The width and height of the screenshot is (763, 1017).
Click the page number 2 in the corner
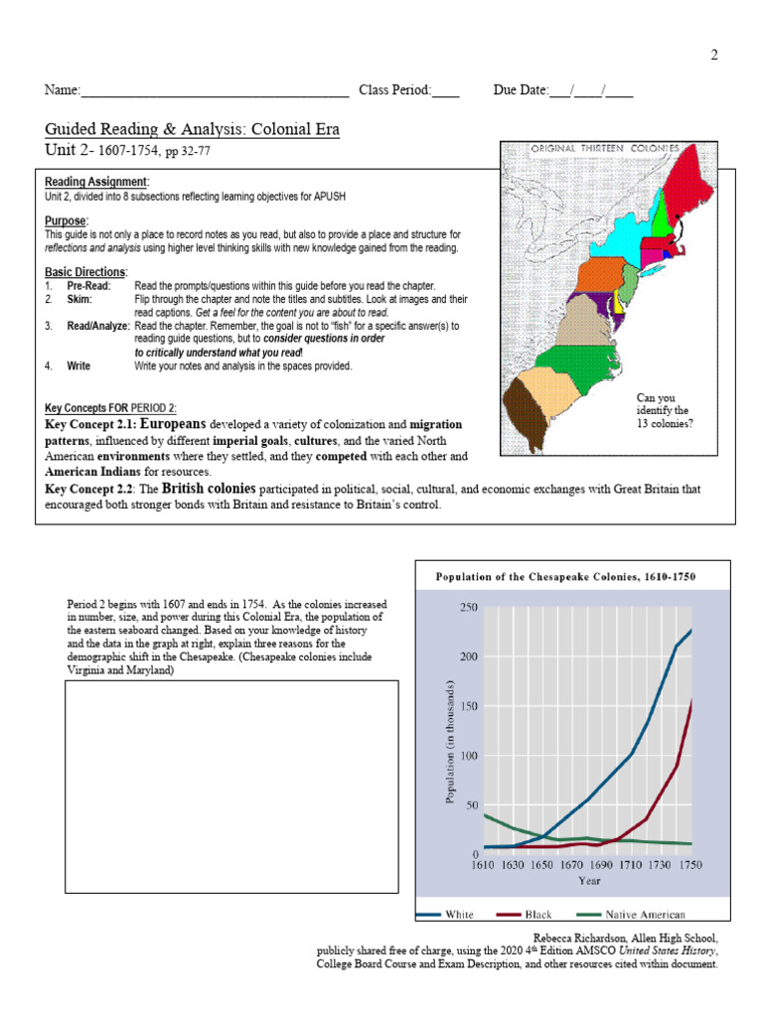[713, 56]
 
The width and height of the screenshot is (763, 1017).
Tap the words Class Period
[395, 90]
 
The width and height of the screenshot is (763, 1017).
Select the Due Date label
[521, 90]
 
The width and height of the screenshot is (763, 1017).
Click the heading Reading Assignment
[96, 182]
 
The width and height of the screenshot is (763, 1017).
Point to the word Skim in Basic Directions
[79, 299]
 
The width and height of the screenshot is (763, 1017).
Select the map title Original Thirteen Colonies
[605, 148]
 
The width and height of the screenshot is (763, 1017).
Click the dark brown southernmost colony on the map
[524, 416]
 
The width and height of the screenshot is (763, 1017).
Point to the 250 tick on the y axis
[468, 607]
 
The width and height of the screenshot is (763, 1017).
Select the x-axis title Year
[589, 881]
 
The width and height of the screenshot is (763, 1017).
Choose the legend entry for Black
[536, 914]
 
